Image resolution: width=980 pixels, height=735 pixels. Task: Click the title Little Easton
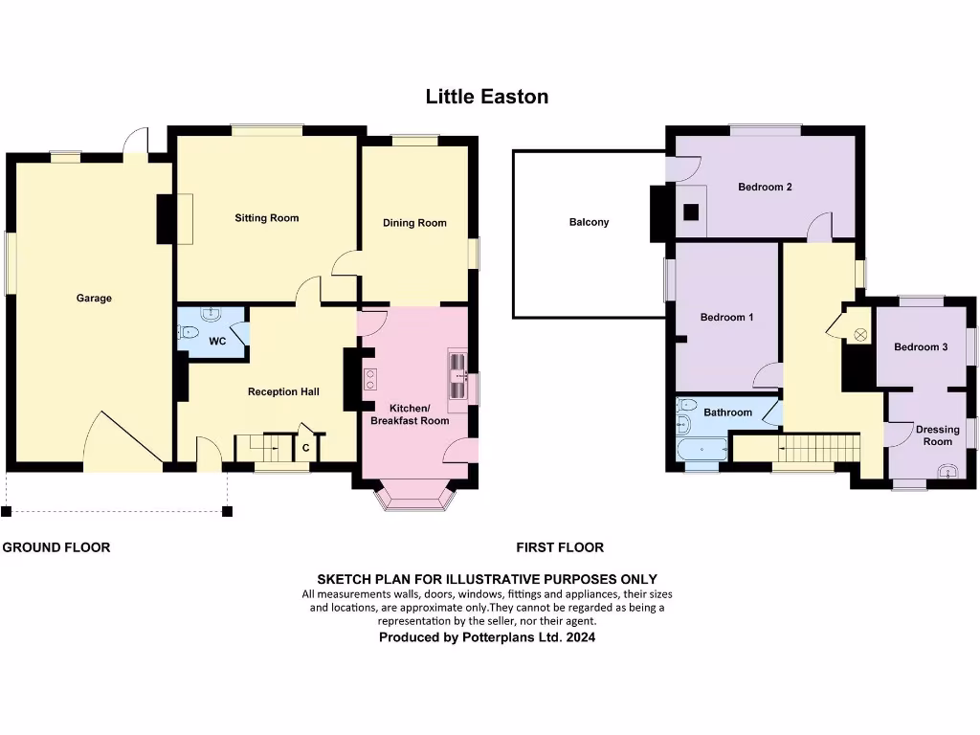487,97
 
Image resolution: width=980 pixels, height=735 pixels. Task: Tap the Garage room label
94,298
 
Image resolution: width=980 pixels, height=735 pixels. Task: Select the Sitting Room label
267,218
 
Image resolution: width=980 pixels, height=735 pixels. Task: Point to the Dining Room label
414,223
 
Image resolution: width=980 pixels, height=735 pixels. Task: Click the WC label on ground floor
217,341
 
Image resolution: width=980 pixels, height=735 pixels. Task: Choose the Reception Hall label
283,391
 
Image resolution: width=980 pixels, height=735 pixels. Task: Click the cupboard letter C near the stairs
306,447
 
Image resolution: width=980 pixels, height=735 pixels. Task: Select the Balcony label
589,222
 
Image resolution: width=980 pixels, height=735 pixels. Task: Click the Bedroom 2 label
765,188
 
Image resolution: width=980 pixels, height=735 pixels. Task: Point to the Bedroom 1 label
726,317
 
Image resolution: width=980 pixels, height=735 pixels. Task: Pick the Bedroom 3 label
921,346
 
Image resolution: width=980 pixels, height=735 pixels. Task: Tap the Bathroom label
727,412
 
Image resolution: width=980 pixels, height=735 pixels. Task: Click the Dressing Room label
937,435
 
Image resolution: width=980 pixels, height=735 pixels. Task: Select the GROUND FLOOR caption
56,547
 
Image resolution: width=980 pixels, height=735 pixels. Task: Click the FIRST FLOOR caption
560,547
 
